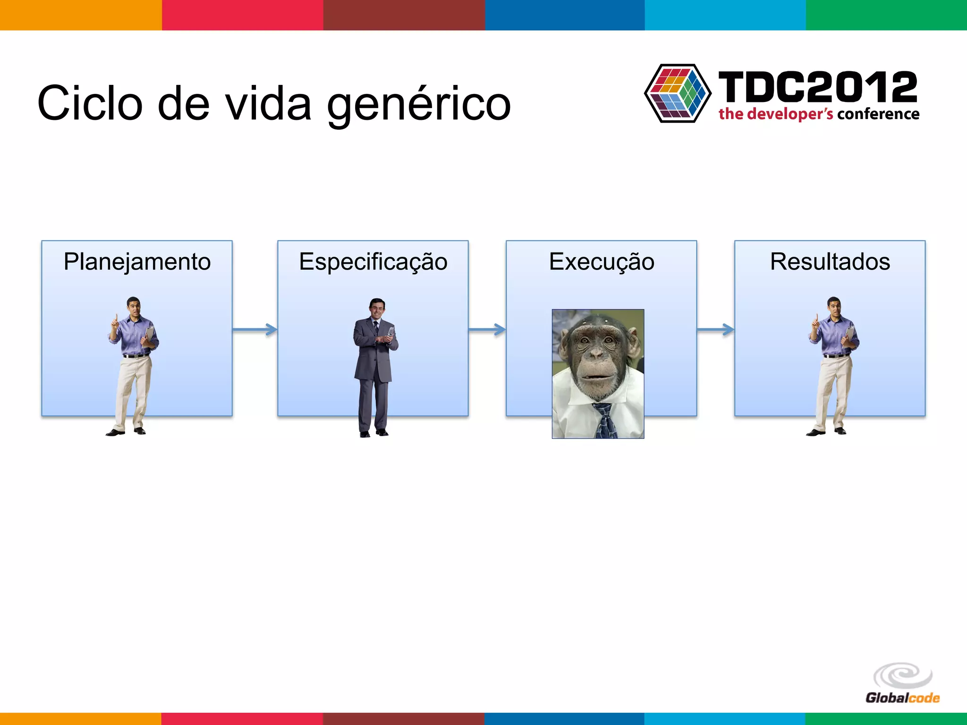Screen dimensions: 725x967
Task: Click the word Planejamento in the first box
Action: pos(137,262)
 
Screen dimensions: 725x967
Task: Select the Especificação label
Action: pos(373,262)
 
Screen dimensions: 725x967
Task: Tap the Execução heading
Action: pos(602,262)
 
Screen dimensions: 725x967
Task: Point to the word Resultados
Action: pos(830,262)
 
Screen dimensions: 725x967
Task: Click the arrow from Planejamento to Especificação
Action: pos(255,329)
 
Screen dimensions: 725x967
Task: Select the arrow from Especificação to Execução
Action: pos(487,329)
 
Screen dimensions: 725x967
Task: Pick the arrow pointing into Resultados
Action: pos(715,329)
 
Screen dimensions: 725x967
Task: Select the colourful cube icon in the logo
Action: pos(678,93)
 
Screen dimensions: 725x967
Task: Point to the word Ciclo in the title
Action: pos(90,103)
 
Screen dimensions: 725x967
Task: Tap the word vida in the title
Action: pos(268,103)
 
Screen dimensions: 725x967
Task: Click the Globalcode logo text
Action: pos(902,698)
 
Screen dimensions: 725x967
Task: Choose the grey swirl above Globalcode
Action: pos(903,675)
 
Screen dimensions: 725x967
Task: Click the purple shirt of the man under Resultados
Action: pos(835,335)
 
